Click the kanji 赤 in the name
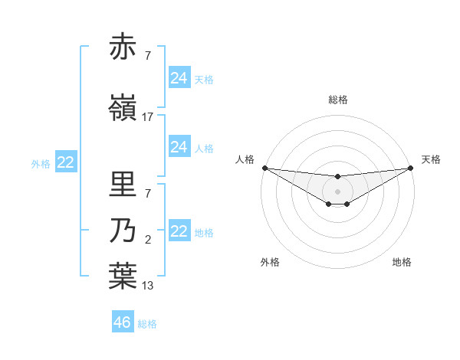click(x=123, y=47)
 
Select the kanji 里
click(x=123, y=184)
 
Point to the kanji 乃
click(x=123, y=231)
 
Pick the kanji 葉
click(x=123, y=277)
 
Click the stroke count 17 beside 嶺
click(x=147, y=117)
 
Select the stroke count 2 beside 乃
click(x=147, y=241)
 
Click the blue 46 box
click(x=123, y=322)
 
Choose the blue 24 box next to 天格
click(x=179, y=78)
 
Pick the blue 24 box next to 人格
click(x=179, y=147)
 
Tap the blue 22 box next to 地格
click(x=179, y=232)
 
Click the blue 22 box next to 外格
click(x=66, y=162)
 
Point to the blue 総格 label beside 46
click(x=147, y=324)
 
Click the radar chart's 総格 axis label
click(x=337, y=100)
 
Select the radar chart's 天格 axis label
click(x=431, y=159)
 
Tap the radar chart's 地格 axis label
click(x=402, y=263)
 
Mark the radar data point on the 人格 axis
click(x=264, y=168)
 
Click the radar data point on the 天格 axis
click(x=410, y=168)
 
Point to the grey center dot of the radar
click(x=337, y=191)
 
